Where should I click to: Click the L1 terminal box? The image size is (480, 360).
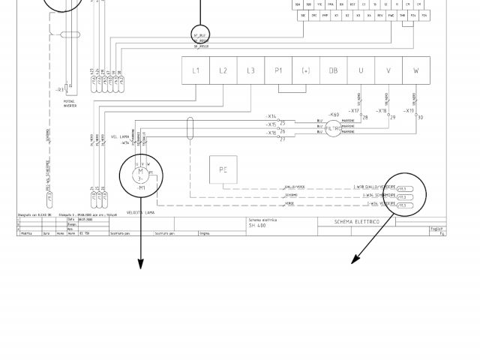pyautogui.click(x=196, y=70)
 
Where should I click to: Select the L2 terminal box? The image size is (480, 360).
pyautogui.click(x=223, y=70)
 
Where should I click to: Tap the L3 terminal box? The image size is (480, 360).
pyautogui.click(x=250, y=70)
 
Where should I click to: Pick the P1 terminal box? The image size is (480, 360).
pyautogui.click(x=278, y=70)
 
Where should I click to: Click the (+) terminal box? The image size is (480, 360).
pyautogui.click(x=306, y=70)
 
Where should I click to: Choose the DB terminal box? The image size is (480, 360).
pyautogui.click(x=333, y=70)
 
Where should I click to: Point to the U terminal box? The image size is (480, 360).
pyautogui.click(x=361, y=70)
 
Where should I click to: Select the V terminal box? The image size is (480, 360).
pyautogui.click(x=388, y=70)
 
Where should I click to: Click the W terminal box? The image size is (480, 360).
pyautogui.click(x=415, y=70)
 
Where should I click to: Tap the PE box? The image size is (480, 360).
pyautogui.click(x=223, y=170)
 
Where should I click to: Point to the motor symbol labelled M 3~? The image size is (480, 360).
pyautogui.click(x=140, y=175)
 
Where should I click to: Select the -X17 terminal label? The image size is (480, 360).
pyautogui.click(x=355, y=111)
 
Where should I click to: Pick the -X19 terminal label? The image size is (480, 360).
pyautogui.click(x=409, y=111)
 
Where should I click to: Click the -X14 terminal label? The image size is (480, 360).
pyautogui.click(x=271, y=117)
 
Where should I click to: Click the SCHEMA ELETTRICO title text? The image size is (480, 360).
pyautogui.click(x=357, y=222)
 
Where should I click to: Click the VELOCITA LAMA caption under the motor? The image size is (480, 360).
pyautogui.click(x=140, y=212)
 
